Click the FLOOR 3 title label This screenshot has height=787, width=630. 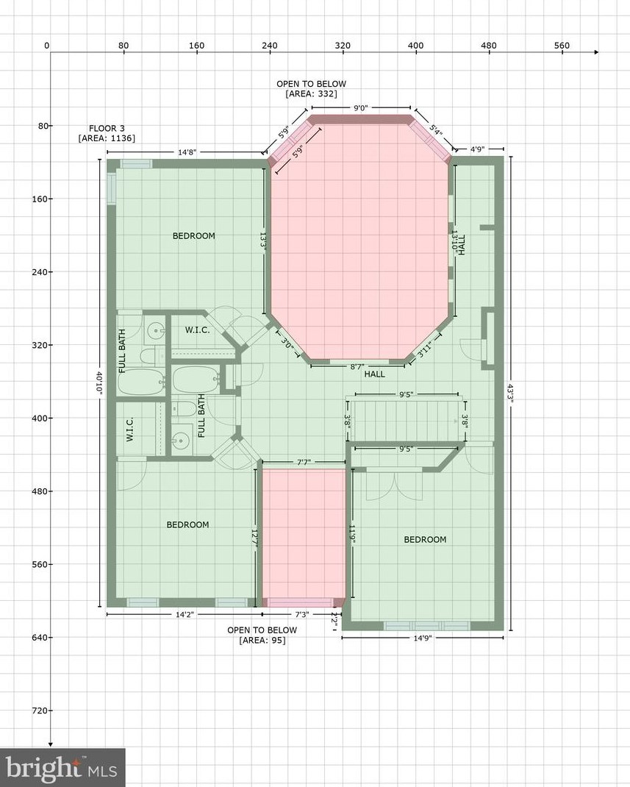(107, 128)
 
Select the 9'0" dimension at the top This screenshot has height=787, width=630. (360, 108)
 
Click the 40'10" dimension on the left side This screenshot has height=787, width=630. (99, 383)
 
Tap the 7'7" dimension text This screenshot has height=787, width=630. (304, 463)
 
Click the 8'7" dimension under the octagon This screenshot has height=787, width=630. (357, 366)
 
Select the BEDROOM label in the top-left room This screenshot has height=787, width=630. (194, 236)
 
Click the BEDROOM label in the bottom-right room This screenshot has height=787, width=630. (425, 540)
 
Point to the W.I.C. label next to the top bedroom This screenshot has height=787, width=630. (197, 330)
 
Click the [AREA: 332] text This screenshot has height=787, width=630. (311, 94)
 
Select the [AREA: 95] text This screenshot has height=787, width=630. (262, 641)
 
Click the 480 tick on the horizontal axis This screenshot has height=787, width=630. (489, 46)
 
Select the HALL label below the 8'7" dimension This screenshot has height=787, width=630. (375, 374)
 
